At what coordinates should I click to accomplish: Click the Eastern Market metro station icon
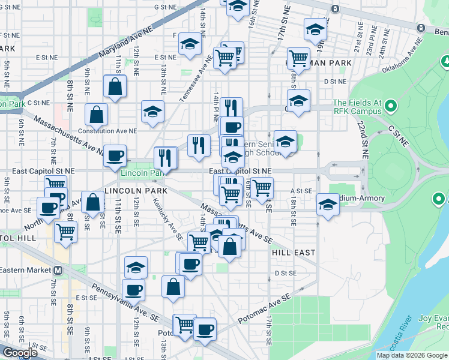pos(58,270)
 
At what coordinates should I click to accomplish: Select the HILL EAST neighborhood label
pos(294,253)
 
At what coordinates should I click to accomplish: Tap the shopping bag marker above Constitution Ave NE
pos(96,114)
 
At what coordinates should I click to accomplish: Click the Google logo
pos(20,353)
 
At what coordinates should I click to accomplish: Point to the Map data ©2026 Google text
pos(412,355)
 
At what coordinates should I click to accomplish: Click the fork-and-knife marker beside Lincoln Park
pos(165,157)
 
